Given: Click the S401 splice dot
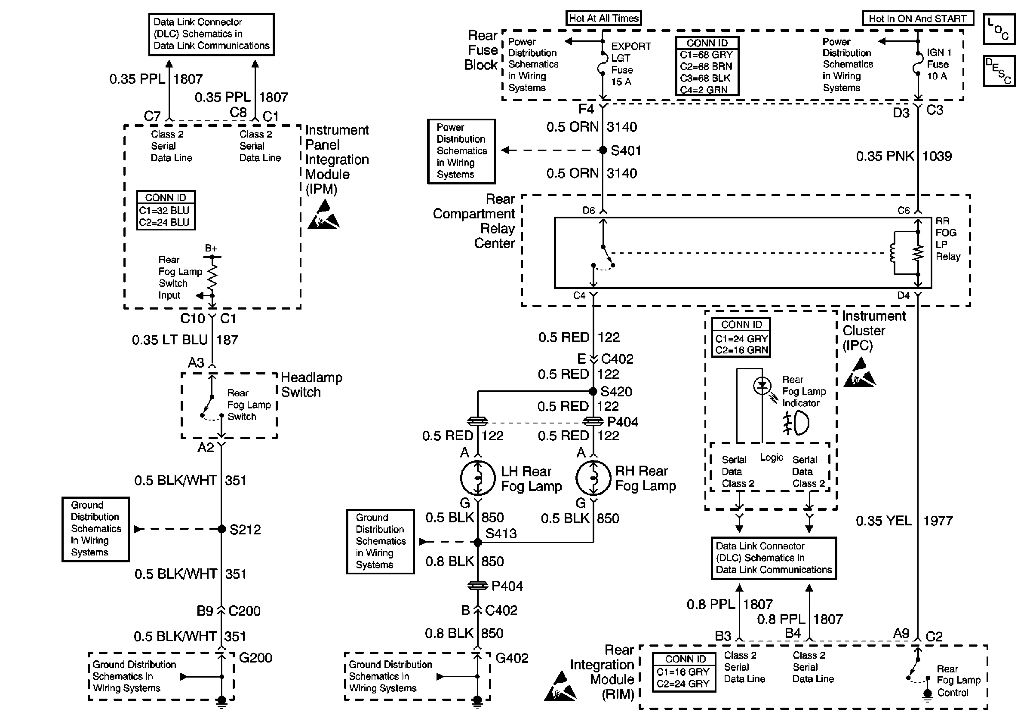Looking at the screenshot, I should (x=603, y=150).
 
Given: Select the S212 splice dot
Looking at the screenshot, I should (x=221, y=529).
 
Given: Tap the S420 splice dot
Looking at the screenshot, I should (x=593, y=391).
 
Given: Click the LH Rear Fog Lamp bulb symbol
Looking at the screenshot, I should (x=478, y=478).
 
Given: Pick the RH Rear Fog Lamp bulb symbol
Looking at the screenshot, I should (x=593, y=478).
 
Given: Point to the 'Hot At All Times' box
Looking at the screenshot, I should (x=603, y=18).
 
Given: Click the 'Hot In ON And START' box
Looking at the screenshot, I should (x=917, y=18).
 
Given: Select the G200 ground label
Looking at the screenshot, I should (x=255, y=658).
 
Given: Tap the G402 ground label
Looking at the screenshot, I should (x=511, y=658).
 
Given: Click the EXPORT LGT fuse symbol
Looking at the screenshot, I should (x=603, y=64).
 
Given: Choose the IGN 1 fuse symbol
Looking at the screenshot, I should (x=918, y=64).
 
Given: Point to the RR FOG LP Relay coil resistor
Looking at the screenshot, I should (x=918, y=253).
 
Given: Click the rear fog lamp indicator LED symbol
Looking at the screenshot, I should (x=762, y=385).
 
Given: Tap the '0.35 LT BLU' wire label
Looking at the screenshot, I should (x=169, y=340).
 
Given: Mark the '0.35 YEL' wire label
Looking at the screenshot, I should (x=883, y=521).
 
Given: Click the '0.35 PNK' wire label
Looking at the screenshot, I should (x=885, y=156).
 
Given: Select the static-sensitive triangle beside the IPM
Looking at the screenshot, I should (x=323, y=215).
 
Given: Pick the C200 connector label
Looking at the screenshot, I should (x=244, y=610).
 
